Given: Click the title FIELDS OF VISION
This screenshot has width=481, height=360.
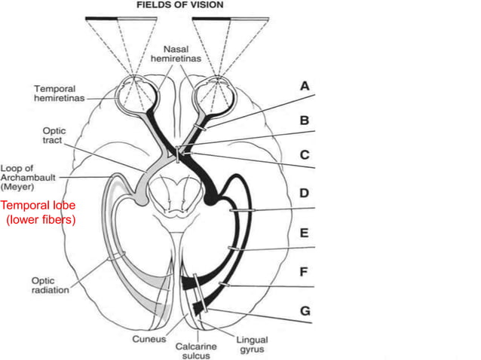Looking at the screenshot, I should tap(179, 5).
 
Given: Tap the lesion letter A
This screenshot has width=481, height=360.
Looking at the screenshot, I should tap(304, 87).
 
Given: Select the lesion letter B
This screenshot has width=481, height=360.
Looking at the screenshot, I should tap(304, 121).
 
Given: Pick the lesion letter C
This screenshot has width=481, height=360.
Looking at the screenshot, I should tap(304, 155).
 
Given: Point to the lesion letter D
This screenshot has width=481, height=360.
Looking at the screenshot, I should tap(304, 194).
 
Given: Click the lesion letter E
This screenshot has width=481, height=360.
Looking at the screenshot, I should tap(304, 233).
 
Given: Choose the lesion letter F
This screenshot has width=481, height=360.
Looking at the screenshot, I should tap(304, 272).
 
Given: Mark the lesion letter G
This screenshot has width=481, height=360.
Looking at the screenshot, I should tap(304, 310).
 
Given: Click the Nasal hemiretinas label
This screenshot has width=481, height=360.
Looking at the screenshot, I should tap(170, 52).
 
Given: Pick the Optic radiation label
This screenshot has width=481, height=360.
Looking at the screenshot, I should tap(50, 285).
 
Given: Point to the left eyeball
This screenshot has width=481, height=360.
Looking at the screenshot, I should tap(133, 93).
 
